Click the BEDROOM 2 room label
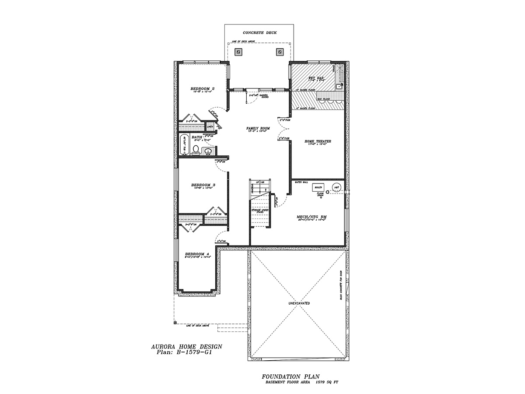(202, 89)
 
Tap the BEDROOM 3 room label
(203, 185)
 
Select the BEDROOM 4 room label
(197, 254)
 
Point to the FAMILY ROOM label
(258, 128)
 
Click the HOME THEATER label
(318, 141)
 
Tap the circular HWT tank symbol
(337, 186)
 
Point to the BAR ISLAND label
(324, 99)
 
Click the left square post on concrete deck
(238, 52)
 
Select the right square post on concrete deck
(279, 52)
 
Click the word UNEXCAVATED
(299, 303)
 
